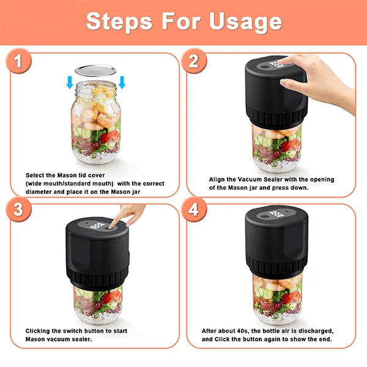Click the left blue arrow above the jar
pyautogui.click(x=70, y=83)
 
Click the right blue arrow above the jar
pyautogui.click(x=122, y=83)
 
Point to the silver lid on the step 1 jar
pyautogui.click(x=96, y=70)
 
